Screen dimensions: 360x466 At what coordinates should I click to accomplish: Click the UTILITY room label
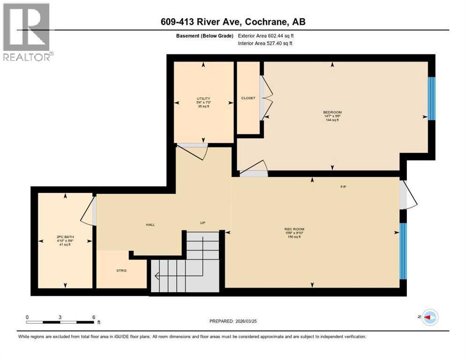coord(203,98)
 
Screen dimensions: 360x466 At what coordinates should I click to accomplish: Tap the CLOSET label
coord(248,98)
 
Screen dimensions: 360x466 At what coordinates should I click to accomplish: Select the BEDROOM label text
coord(332,112)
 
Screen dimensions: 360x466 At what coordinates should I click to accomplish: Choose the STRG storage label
coord(121,270)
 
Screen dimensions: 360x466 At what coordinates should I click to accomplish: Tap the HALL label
coord(150,225)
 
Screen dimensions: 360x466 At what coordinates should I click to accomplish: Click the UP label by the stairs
coord(203,223)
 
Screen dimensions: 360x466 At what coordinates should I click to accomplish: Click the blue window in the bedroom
coord(432,98)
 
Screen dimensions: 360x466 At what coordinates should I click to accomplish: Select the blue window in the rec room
coord(403,251)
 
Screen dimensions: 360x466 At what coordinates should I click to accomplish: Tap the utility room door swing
coord(193,151)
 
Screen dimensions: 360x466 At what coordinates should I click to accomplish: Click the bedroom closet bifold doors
coord(266,98)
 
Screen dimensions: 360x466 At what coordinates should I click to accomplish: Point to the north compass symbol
coord(429,317)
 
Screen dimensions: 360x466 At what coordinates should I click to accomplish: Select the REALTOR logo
coord(27,32)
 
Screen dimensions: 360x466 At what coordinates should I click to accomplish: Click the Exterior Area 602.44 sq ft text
coord(265,36)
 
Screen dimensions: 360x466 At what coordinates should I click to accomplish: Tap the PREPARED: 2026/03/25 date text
coord(233,321)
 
